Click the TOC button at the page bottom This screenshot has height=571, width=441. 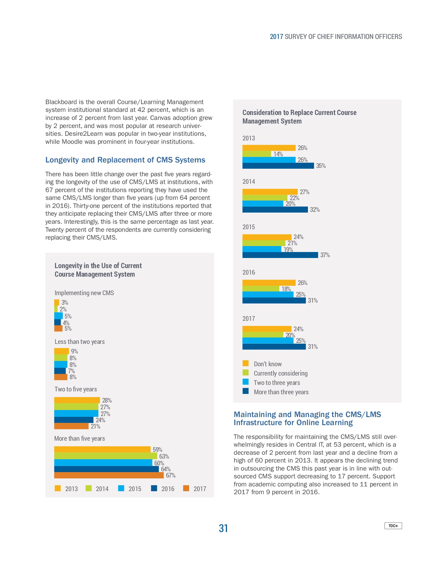(393, 526)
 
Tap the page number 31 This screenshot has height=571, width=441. (223, 528)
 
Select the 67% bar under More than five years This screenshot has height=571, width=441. (109, 475)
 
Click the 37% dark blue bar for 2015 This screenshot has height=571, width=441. (280, 255)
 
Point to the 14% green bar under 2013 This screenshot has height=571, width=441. (257, 154)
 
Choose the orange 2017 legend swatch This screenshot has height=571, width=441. (186, 488)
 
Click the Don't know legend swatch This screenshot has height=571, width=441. (245, 363)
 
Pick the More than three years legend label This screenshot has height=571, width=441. (281, 392)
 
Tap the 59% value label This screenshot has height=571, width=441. (157, 450)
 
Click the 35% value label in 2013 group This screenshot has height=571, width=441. (321, 166)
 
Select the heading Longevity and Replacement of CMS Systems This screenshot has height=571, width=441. (125, 160)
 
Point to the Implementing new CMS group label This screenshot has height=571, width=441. (84, 293)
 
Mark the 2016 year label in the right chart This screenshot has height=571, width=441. (249, 273)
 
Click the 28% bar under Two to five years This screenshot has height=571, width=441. (77, 400)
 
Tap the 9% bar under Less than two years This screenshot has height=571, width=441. (61, 351)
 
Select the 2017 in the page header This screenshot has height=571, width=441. (277, 37)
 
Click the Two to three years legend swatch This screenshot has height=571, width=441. (245, 382)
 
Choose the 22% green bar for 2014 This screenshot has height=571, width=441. (265, 198)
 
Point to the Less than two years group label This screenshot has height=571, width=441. (79, 342)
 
